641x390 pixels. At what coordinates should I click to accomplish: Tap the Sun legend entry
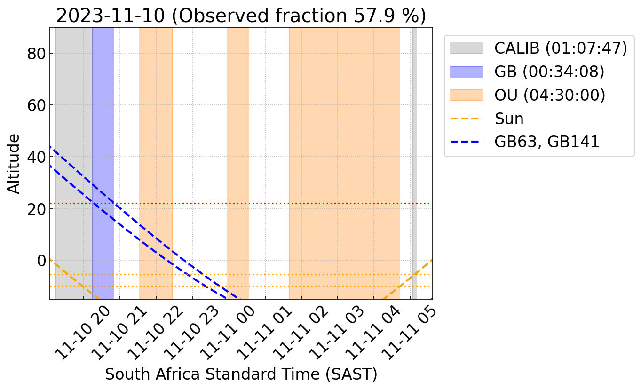click(x=509, y=119)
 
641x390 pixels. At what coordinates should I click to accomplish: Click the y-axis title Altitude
click(x=15, y=163)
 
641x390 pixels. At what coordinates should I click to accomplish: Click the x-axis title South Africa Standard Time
click(x=241, y=374)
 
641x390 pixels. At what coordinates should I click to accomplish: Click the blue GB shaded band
click(x=103, y=141)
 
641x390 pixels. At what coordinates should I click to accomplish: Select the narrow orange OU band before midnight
click(x=238, y=141)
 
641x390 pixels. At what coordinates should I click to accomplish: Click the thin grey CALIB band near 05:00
click(x=414, y=141)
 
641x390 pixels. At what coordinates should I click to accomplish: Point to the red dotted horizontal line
click(x=282, y=204)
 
